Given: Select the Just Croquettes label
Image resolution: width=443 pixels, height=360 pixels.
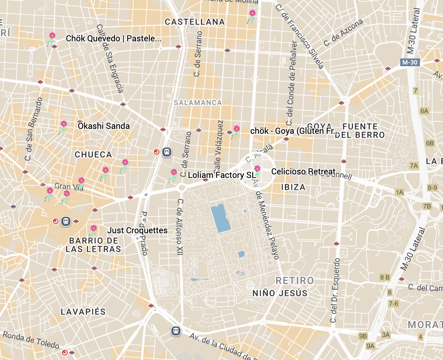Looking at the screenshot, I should coord(137,230).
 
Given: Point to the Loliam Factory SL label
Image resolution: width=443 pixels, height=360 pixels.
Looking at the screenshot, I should coord(221,175).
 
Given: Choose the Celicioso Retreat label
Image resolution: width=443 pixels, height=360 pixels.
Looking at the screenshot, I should coord(303,172).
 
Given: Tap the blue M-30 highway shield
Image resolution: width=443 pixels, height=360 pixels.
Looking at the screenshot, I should coord(410,62).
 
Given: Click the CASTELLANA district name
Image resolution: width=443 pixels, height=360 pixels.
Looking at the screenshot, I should coord(195,22).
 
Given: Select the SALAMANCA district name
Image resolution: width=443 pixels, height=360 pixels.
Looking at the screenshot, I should coord(198,103).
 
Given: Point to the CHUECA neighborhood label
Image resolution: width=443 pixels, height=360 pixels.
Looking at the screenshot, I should coord(93,155).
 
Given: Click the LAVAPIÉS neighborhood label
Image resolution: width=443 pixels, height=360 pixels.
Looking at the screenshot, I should coord(83,312).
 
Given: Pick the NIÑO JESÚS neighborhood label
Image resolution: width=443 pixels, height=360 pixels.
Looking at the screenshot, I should coord(280,293).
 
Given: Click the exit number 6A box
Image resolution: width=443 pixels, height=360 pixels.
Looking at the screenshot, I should coord(424,111).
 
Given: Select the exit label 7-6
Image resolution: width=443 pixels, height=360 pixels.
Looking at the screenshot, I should coord(393,304).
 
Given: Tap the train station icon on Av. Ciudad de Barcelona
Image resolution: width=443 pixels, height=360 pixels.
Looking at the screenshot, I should coord(176,331).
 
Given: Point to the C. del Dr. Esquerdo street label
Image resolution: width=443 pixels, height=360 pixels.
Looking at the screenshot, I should coord(335,290).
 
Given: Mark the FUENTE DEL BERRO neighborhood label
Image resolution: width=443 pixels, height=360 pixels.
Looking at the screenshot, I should coord(360,131).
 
